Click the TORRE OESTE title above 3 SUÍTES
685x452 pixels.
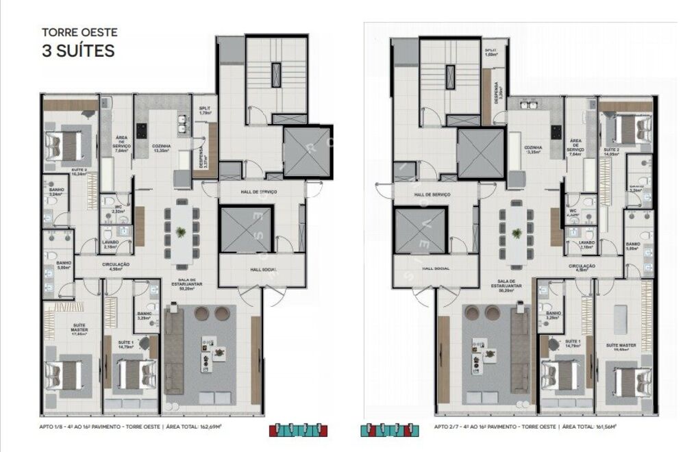click(x=79, y=32)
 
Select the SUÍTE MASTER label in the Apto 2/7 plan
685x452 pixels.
click(x=621, y=346)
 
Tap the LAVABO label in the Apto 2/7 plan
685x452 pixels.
click(x=586, y=242)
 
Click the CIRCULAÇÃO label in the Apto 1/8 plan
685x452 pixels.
click(x=116, y=264)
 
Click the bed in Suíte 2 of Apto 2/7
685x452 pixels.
click(x=624, y=127)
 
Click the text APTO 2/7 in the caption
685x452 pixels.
click(x=447, y=426)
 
